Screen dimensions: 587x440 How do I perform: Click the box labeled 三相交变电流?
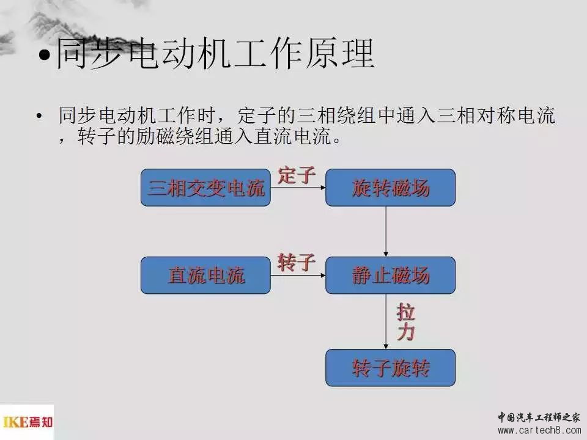pos(205,188)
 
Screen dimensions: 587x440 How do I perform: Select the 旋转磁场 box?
pos(391,188)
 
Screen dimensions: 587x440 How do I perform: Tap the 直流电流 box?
pos(205,276)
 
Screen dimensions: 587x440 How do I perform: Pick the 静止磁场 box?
pos(391,276)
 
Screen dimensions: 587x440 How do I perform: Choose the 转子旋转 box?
pos(391,368)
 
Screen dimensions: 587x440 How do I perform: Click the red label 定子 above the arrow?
pos(297,175)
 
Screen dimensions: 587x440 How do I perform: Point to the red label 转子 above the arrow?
pos(297,262)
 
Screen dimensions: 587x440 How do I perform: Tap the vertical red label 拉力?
pos(406,322)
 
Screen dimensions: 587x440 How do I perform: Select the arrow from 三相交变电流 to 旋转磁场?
pos(298,188)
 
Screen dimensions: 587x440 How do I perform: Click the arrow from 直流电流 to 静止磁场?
pos(298,276)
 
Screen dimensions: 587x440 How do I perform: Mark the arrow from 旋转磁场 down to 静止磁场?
pos(386,231)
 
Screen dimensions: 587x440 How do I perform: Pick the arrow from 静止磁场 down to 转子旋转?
pos(386,321)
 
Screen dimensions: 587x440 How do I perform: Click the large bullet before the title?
pos(45,55)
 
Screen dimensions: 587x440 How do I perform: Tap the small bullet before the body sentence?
pos(39,116)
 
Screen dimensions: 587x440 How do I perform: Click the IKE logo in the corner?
pos(27,422)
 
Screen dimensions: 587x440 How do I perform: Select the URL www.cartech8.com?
pos(539,431)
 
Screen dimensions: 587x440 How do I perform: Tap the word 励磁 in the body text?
pos(155,136)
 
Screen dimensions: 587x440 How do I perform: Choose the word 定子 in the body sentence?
pos(257,116)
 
